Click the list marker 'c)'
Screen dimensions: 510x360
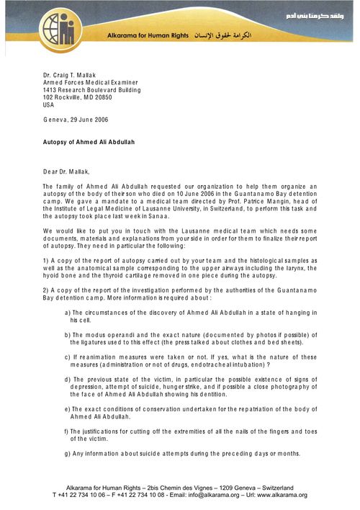pos(68,377)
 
